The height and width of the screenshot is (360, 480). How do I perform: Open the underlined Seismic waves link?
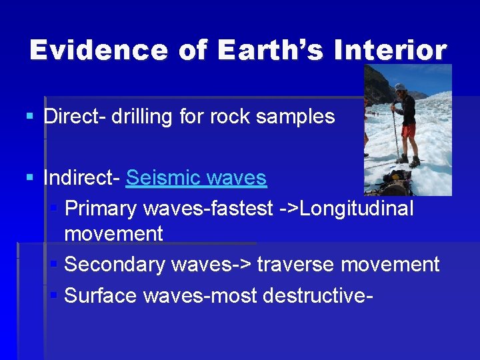(196, 178)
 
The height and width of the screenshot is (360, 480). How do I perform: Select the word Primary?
(100, 209)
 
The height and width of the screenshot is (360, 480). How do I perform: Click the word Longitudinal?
(357, 209)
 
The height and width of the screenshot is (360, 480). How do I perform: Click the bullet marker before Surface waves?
(55, 294)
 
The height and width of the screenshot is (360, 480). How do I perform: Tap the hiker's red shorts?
(407, 129)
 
